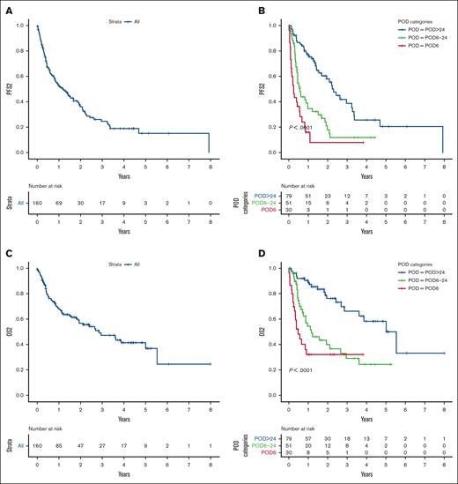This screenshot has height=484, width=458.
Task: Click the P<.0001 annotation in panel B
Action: [x=310, y=128]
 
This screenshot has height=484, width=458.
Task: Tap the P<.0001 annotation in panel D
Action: [x=310, y=370]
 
